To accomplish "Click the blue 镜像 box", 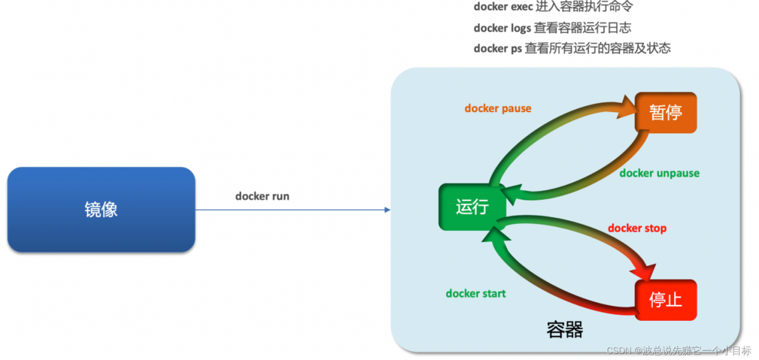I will [x=101, y=209].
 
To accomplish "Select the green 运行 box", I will [x=472, y=207].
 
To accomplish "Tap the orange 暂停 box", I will [x=665, y=113].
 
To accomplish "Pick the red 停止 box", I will [x=665, y=300].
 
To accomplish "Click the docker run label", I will [x=262, y=196].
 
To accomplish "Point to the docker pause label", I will [x=498, y=109].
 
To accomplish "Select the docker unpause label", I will [x=659, y=173].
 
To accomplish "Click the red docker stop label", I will [x=637, y=228].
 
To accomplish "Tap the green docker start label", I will [x=476, y=294].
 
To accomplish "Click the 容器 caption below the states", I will [x=565, y=330].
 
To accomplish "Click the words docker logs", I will [x=502, y=28].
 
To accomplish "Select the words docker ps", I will [x=498, y=49].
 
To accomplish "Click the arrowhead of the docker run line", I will [x=387, y=209].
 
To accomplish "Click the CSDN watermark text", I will [x=679, y=351].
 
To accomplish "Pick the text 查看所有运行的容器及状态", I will [x=598, y=49].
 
